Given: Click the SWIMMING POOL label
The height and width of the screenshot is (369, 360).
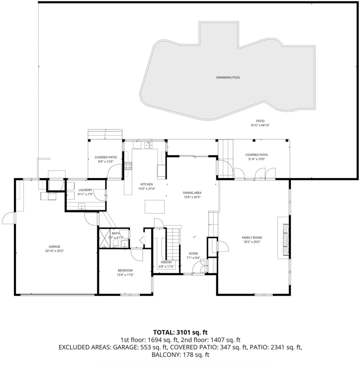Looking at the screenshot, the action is pyautogui.click(x=228, y=77).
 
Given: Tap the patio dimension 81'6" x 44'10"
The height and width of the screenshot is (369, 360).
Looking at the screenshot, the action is pyautogui.click(x=260, y=125).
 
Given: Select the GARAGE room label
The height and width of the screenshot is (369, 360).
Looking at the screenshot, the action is pyautogui.click(x=54, y=246).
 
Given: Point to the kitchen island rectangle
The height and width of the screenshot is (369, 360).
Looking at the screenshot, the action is pyautogui.click(x=154, y=206).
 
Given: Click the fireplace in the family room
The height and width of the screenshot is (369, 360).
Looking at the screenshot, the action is pyautogui.click(x=286, y=240).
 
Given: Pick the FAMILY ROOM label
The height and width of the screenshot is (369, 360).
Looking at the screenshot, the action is pyautogui.click(x=252, y=238).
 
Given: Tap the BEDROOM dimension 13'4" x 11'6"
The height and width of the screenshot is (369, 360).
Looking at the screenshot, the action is pyautogui.click(x=125, y=275).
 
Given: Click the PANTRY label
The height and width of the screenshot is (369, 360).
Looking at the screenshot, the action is pyautogui.click(x=166, y=262).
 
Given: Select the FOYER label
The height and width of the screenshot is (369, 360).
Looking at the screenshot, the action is pyautogui.click(x=193, y=254).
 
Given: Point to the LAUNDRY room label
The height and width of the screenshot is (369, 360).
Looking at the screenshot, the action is pyautogui.click(x=85, y=190).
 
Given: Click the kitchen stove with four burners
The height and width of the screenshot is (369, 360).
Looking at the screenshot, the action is pyautogui.click(x=128, y=166).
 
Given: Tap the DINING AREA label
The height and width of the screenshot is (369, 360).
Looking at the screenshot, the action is pyautogui.click(x=192, y=193).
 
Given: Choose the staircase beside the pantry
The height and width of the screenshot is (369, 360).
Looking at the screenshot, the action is pyautogui.click(x=173, y=243).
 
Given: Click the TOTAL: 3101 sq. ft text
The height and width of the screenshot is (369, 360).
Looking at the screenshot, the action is pyautogui.click(x=180, y=332).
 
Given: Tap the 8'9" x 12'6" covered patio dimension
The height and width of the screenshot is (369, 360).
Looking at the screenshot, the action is pyautogui.click(x=106, y=162).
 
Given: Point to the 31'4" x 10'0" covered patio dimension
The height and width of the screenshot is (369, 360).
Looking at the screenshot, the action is pyautogui.click(x=256, y=159).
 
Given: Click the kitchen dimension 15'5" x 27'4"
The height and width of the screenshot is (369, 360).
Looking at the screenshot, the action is pyautogui.click(x=147, y=189).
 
